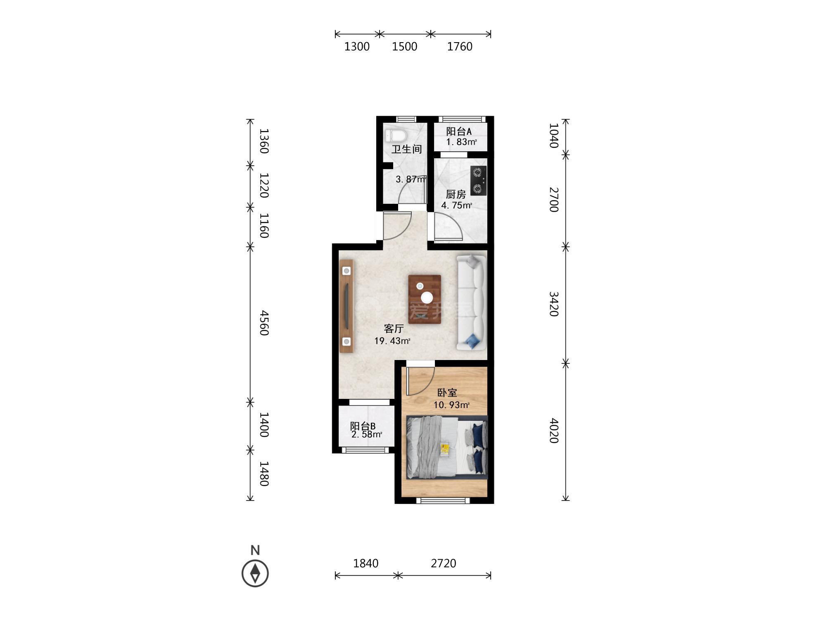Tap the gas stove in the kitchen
(478, 181)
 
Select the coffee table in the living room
(425, 299)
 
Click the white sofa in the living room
(471, 303)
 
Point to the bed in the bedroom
(447, 447)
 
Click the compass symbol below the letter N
(255, 573)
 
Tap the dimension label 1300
(357, 47)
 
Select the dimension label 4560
(264, 323)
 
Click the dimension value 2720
(444, 563)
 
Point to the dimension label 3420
(553, 304)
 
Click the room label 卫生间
(407, 149)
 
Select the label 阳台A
(459, 131)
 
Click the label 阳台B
(363, 426)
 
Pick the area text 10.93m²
(451, 405)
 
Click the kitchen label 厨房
(456, 194)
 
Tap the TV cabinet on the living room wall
(347, 306)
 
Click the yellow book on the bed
(445, 449)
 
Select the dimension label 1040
(553, 136)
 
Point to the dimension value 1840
(366, 563)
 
